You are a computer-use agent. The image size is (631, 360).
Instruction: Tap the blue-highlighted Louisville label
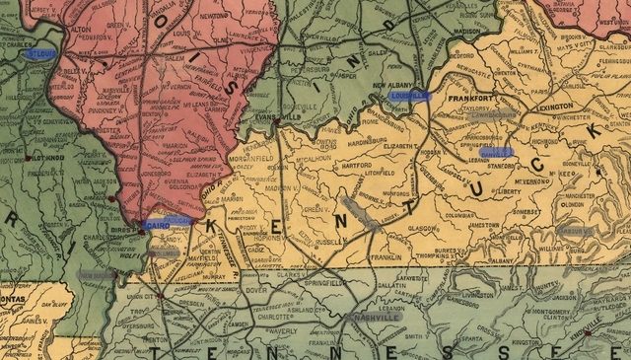click(x=409, y=96)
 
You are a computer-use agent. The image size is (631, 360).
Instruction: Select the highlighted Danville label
click(x=497, y=153)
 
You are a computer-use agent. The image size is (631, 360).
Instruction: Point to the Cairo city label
click(x=158, y=225)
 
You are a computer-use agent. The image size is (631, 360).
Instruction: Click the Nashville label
click(x=376, y=319)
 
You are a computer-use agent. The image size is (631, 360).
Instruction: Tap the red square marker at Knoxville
click(x=589, y=333)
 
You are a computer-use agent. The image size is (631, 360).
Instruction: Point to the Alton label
click(x=81, y=31)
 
